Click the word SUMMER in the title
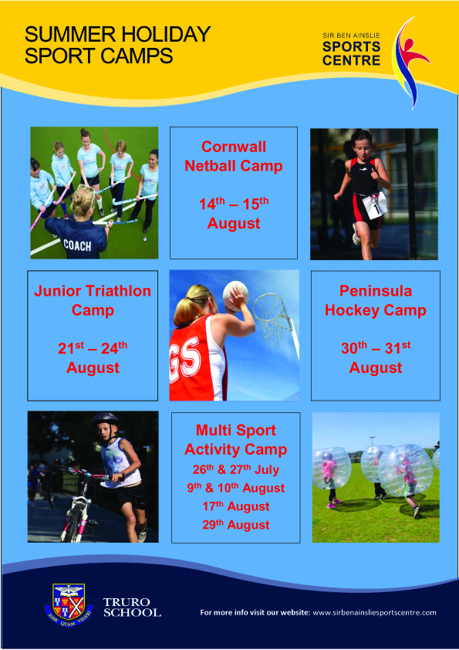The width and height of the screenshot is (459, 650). pos(69,35)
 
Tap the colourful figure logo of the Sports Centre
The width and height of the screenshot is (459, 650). pos(410,63)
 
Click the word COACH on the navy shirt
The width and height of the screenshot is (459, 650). pos(77,245)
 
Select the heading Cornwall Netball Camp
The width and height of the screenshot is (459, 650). pos(234,156)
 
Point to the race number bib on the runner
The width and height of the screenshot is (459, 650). pos(374,205)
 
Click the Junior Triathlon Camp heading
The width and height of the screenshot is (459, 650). pos(93,300)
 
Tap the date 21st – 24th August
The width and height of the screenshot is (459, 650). pos(93,357)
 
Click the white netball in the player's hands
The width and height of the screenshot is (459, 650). pos(235,293)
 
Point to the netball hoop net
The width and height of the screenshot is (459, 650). pos(273,319)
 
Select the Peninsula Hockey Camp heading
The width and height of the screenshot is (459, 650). pos(376,300)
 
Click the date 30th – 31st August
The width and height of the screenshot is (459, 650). pos(376,357)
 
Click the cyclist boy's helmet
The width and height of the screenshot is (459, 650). pos(106,418)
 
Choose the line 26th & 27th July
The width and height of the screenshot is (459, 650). pos(236,469)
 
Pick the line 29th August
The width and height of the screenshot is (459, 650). pos(236,525)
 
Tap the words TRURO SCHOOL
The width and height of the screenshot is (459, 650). pos(132,608)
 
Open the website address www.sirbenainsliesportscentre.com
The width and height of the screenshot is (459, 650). pos(374,612)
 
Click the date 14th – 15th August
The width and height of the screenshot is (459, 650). pos(234,213)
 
